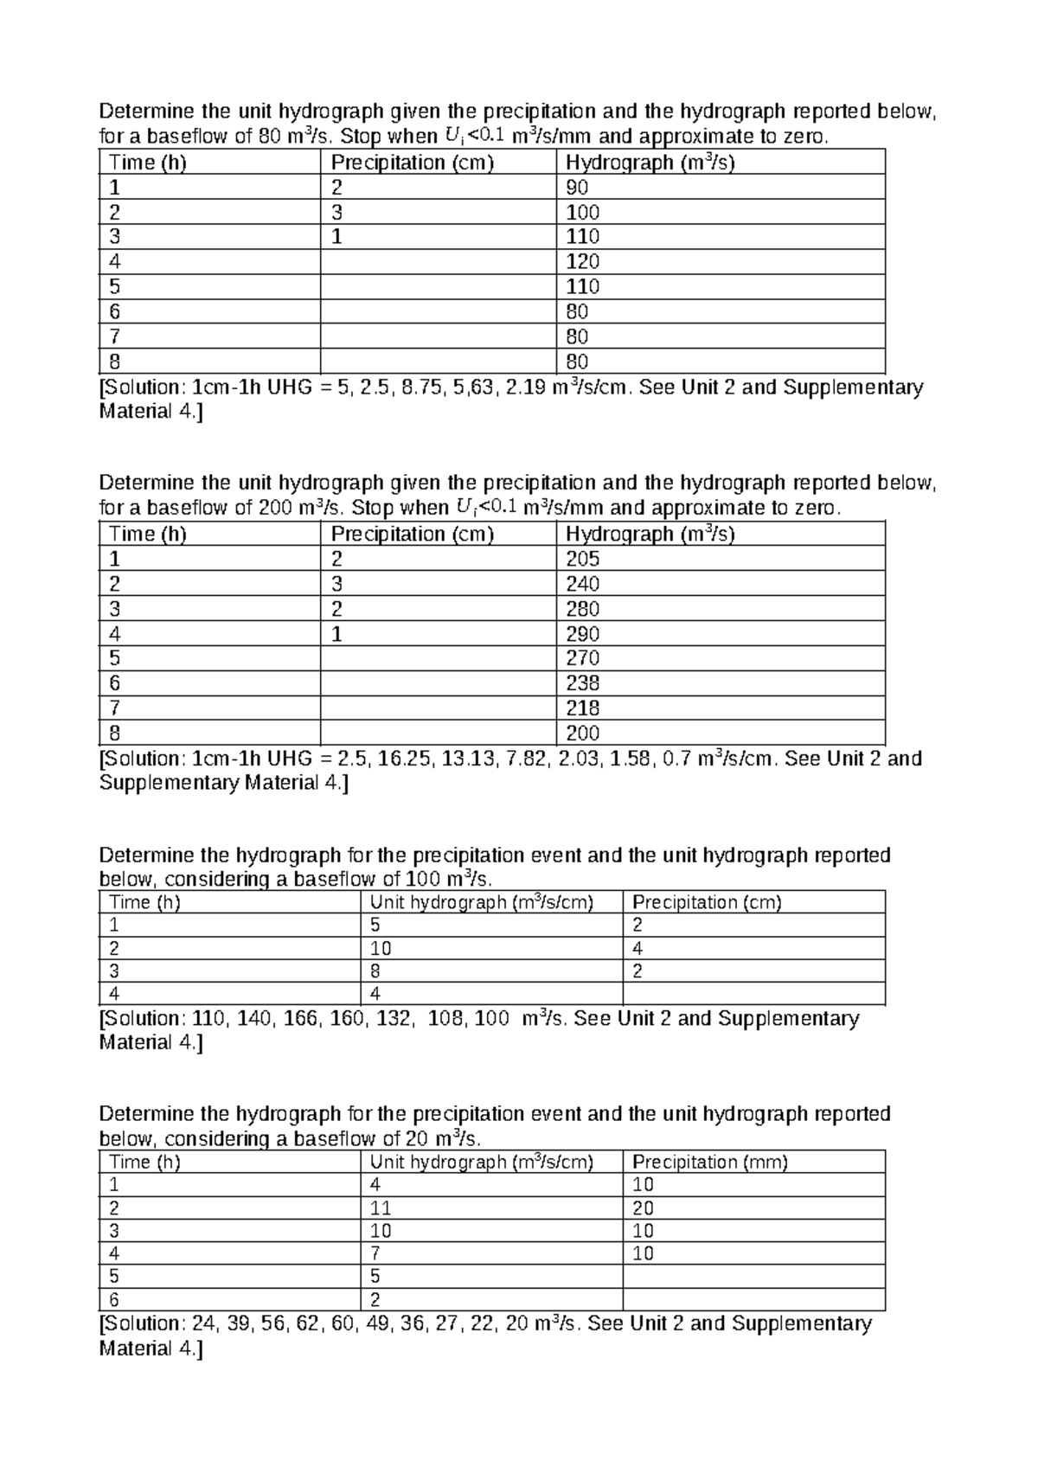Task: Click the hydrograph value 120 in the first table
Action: pos(582,262)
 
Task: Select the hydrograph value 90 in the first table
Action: pos(577,188)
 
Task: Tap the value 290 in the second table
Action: pos(582,634)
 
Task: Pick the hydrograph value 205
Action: pos(582,559)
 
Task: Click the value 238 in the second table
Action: pos(582,683)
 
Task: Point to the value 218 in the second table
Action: pos(582,708)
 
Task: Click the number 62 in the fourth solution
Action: pos(307,1324)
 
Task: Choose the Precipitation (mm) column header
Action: pos(710,1162)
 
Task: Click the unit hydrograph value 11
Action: pos(381,1208)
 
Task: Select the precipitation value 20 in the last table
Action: pos(644,1208)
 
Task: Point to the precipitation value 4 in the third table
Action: pos(638,948)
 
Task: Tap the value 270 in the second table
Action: pos(582,658)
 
